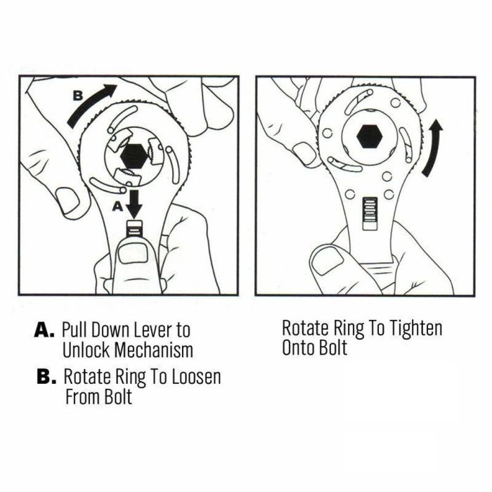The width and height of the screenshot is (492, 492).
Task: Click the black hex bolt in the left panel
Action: (134, 155)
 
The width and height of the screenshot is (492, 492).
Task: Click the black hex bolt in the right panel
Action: (369, 136)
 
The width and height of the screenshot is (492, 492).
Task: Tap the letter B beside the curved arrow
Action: (78, 96)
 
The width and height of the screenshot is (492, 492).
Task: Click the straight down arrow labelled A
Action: (134, 205)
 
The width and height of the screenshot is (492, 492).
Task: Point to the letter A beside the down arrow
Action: (117, 207)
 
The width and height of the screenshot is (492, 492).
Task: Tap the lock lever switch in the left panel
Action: (134, 230)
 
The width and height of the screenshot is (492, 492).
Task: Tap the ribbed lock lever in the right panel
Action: (370, 214)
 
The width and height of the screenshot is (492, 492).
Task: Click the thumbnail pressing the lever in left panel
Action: (133, 254)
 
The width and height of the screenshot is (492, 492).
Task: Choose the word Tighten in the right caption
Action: (415, 328)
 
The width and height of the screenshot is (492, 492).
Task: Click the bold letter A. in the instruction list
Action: (44, 330)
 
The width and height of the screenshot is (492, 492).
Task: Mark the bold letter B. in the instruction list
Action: (46, 376)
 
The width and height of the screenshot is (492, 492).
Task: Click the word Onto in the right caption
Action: (298, 348)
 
